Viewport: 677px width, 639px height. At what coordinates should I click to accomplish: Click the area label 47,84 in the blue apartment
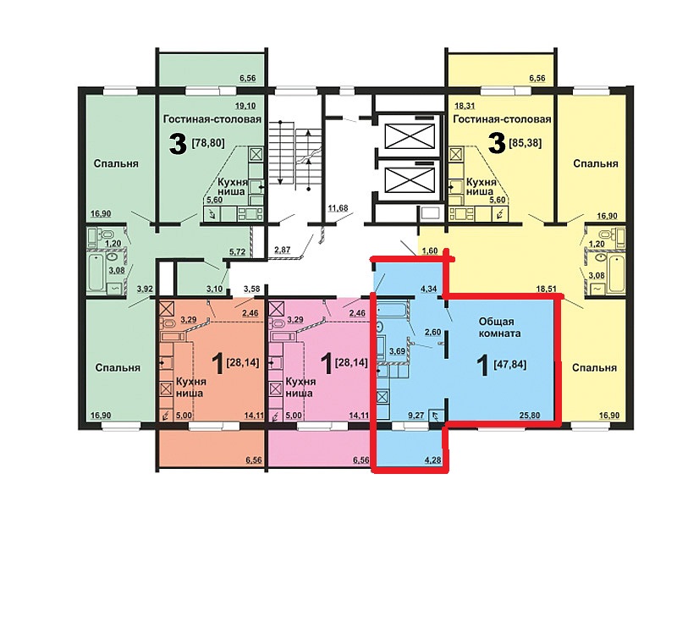click(510, 365)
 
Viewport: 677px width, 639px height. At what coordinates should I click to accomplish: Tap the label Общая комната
click(499, 328)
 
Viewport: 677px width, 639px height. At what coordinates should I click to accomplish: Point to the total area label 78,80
click(208, 142)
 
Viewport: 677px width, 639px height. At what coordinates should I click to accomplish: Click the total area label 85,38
click(526, 142)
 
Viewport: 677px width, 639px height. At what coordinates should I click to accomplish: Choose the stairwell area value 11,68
click(338, 208)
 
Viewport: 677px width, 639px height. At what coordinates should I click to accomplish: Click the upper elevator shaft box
click(410, 136)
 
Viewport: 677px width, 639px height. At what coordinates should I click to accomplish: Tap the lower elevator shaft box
click(410, 180)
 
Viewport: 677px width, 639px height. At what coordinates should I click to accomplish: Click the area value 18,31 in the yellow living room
click(464, 106)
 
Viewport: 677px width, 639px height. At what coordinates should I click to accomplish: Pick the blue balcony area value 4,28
click(432, 460)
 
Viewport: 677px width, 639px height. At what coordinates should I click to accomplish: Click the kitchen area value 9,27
click(416, 416)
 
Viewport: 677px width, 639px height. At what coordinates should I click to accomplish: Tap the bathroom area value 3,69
click(397, 351)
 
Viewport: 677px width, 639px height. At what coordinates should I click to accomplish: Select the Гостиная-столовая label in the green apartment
click(212, 118)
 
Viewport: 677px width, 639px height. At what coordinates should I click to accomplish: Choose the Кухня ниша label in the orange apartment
click(191, 388)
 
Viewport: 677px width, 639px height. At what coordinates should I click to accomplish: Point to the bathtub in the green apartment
click(96, 272)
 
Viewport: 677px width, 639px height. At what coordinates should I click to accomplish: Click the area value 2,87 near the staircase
click(283, 249)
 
